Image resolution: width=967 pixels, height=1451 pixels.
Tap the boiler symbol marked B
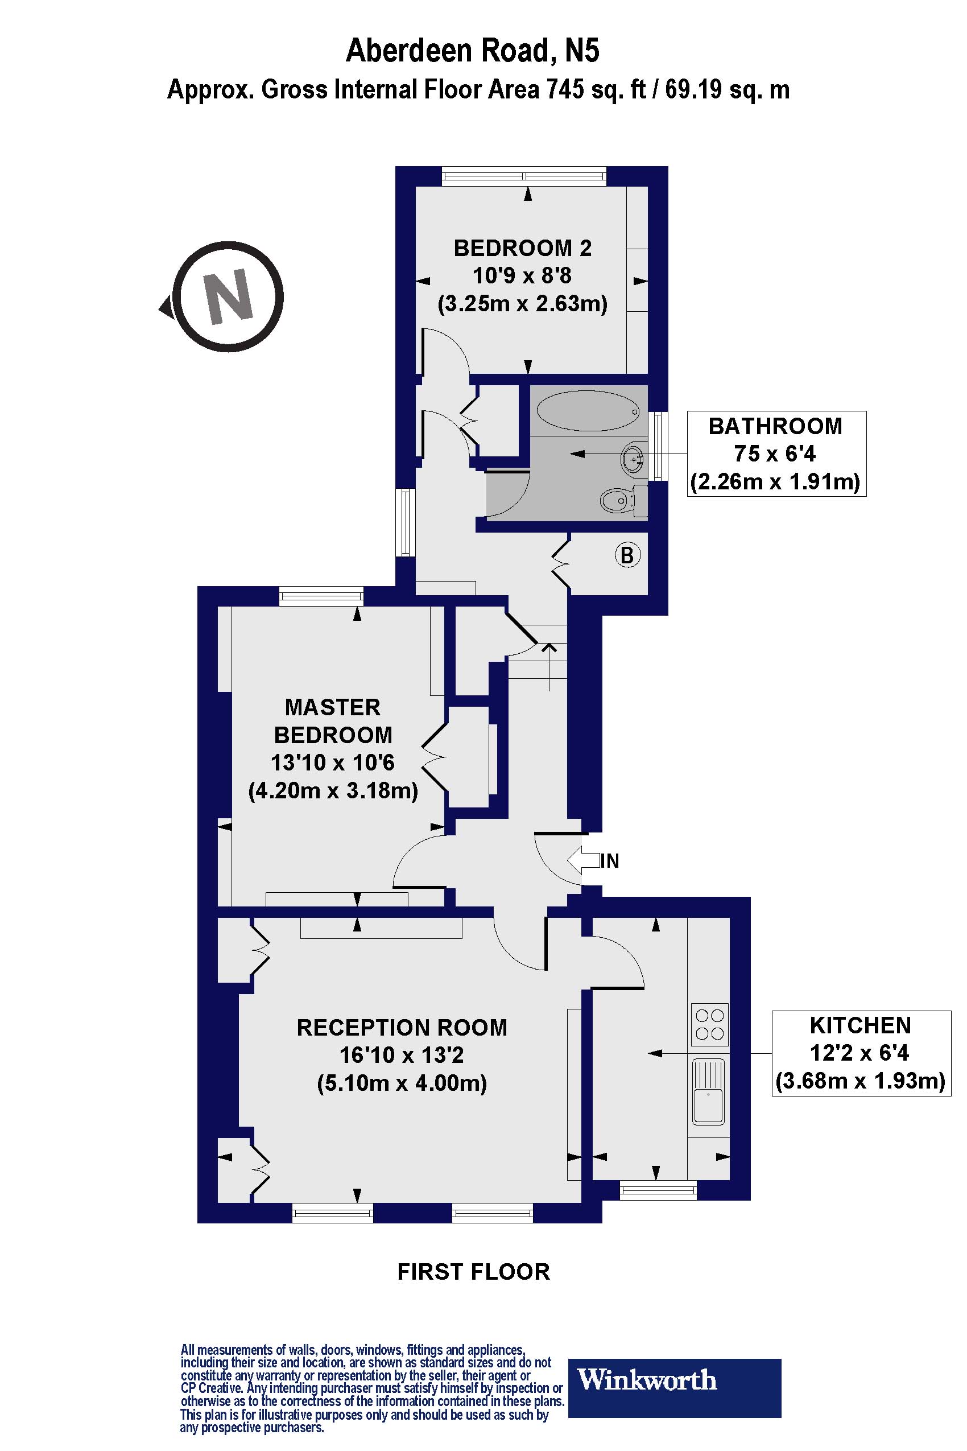point(627,555)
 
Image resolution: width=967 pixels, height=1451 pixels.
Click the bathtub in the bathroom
point(588,411)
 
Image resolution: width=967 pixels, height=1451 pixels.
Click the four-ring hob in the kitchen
point(709,1025)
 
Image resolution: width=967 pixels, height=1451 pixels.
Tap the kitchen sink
point(709,1091)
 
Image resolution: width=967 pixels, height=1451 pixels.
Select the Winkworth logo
point(674,1380)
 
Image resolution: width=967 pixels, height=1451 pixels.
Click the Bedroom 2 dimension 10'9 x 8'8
point(522,275)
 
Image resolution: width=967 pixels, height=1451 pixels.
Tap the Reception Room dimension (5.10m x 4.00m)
point(402,1082)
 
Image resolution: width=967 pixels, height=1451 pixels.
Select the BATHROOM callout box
point(776,454)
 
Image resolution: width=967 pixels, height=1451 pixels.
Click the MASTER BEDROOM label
point(333,720)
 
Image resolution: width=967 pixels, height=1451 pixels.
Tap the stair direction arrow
point(549,666)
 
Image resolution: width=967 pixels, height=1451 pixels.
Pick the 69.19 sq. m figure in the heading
point(726,90)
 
